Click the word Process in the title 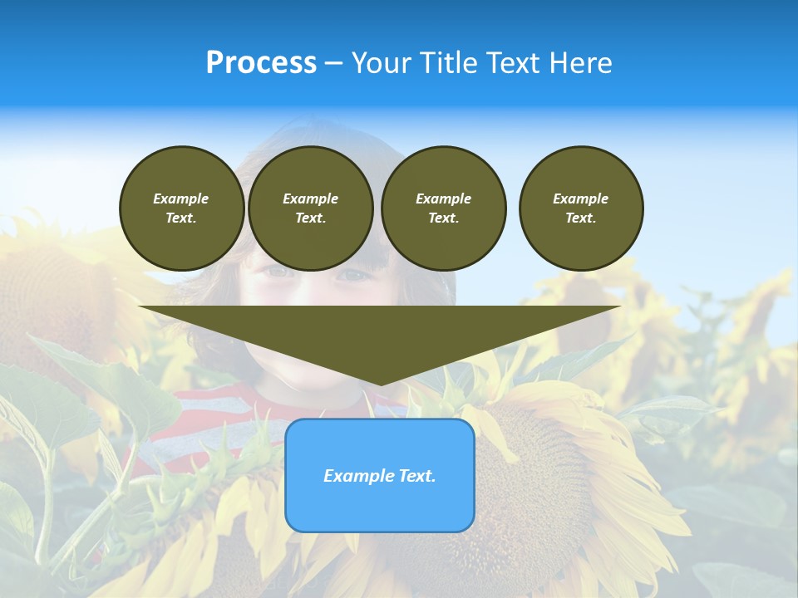261,63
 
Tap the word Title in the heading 449,63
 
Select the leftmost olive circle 181,208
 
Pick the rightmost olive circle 581,208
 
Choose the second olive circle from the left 310,208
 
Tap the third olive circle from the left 443,208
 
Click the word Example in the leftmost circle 181,199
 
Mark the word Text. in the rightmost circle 581,218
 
